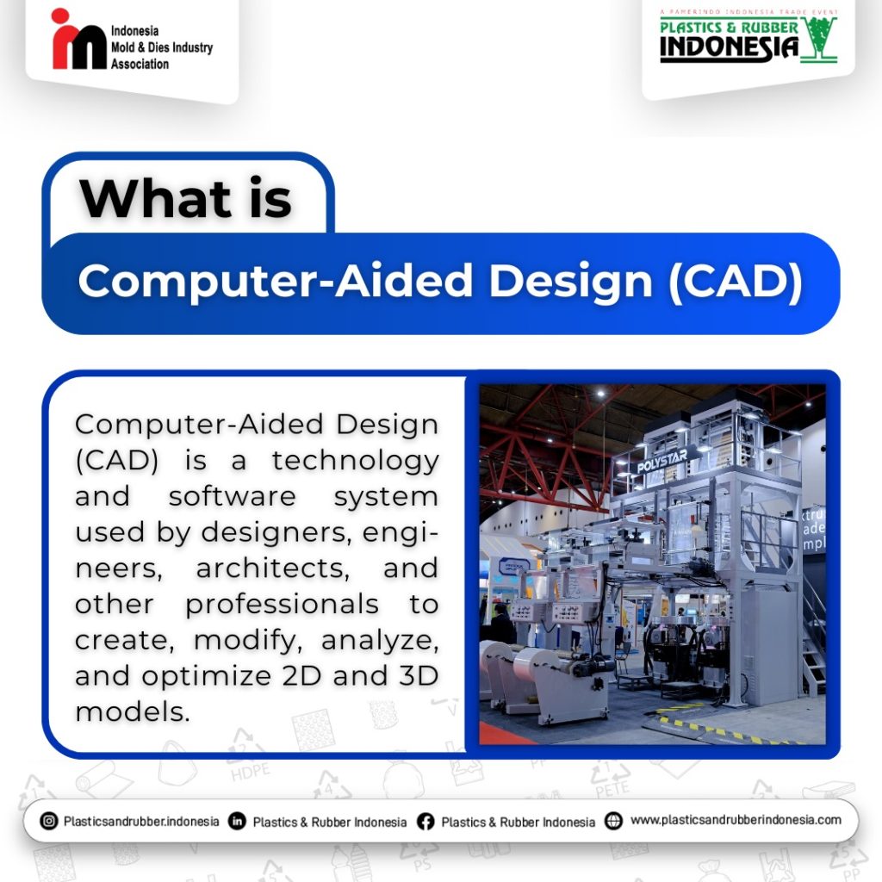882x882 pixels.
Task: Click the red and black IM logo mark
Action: click(78, 40)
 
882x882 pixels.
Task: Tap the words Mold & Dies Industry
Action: click(162, 47)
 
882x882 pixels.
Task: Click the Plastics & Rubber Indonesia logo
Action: click(748, 36)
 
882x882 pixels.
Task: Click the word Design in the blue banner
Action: click(571, 282)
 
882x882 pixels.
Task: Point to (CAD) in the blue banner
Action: click(736, 282)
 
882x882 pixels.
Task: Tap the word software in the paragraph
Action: click(233, 497)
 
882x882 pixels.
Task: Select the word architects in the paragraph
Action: click(273, 568)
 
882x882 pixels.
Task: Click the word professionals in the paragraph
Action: click(282, 606)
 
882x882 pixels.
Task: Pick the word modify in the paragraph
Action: click(248, 641)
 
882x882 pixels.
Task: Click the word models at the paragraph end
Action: click(133, 711)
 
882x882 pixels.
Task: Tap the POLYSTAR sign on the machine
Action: click(662, 462)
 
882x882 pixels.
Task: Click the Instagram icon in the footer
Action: click(49, 821)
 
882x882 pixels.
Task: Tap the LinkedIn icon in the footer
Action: click(238, 821)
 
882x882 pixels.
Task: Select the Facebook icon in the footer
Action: click(425, 822)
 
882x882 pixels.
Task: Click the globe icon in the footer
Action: click(613, 821)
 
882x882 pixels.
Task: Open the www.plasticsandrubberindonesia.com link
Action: click(736, 821)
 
